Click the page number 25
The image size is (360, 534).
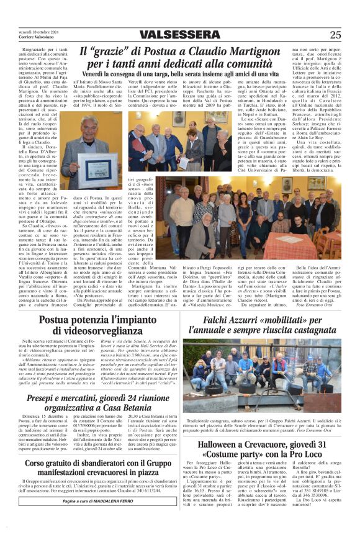[335, 35]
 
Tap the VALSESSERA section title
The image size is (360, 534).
[180, 35]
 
